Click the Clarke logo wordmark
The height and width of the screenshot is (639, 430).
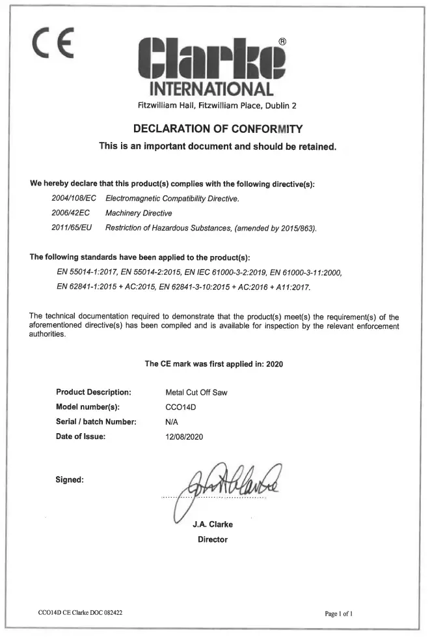pyautogui.click(x=212, y=61)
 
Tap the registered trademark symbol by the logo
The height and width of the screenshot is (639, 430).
pyautogui.click(x=282, y=41)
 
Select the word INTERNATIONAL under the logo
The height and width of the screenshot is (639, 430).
pyautogui.click(x=212, y=89)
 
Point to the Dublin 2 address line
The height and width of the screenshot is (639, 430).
pyautogui.click(x=217, y=106)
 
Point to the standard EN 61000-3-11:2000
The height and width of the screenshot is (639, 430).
pyautogui.click(x=305, y=272)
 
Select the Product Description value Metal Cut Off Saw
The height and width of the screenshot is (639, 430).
pyautogui.click(x=196, y=392)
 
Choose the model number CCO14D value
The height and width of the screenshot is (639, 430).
pyautogui.click(x=181, y=407)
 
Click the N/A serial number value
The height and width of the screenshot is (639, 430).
pyautogui.click(x=173, y=421)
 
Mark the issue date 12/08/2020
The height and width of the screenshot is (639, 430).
pyautogui.click(x=185, y=436)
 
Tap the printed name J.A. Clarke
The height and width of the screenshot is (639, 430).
pyautogui.click(x=213, y=524)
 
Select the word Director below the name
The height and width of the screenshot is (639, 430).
pyautogui.click(x=213, y=539)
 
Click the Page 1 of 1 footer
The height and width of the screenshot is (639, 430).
pyautogui.click(x=339, y=614)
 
